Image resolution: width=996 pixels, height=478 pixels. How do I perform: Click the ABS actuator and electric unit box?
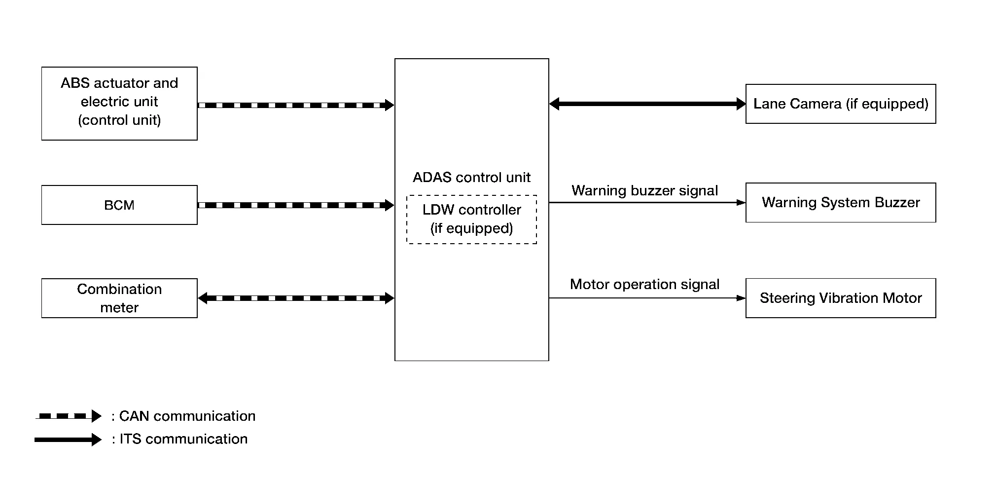[119, 103]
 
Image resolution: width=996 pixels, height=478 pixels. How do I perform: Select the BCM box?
[119, 205]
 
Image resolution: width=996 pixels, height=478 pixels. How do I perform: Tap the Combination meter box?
[119, 298]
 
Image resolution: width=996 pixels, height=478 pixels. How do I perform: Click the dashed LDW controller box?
[471, 219]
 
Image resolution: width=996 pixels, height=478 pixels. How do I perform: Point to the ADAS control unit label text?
[471, 178]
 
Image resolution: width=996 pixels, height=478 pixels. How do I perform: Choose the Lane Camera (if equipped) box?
[840, 104]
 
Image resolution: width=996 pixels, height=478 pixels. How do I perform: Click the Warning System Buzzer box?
[840, 202]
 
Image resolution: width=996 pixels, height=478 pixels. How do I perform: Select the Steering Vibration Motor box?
[840, 298]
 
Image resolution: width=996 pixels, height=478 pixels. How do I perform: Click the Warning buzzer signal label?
[644, 190]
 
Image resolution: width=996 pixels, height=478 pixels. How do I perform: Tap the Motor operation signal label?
[644, 284]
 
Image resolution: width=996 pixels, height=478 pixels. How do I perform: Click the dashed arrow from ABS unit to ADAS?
[296, 105]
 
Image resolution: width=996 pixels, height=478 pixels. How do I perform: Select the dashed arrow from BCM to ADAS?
[296, 205]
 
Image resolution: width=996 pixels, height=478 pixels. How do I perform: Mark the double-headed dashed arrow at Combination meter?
[296, 298]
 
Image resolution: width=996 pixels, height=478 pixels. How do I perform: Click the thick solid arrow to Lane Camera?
[647, 104]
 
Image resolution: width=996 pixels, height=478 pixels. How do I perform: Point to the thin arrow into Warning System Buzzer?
[647, 202]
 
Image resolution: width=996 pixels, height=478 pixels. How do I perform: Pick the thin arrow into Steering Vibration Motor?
[647, 298]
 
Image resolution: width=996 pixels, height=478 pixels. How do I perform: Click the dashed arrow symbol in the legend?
[68, 416]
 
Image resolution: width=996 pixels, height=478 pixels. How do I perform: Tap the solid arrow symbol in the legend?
[68, 440]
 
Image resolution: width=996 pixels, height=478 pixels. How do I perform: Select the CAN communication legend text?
[183, 416]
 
